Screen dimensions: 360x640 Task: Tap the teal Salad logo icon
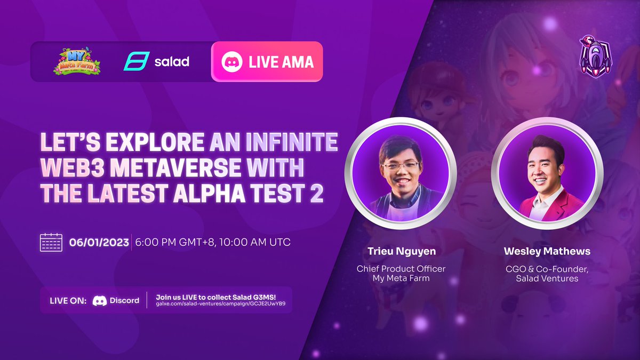click(x=133, y=61)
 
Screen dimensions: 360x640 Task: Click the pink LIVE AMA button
click(x=267, y=62)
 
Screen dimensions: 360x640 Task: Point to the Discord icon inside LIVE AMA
click(x=233, y=62)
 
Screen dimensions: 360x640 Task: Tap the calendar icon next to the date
click(x=51, y=242)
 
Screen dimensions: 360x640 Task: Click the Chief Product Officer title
click(x=401, y=269)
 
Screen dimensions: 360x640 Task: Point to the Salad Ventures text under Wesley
click(x=547, y=278)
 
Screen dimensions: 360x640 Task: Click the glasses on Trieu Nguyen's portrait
click(x=400, y=166)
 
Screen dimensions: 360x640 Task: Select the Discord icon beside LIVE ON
click(x=99, y=300)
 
